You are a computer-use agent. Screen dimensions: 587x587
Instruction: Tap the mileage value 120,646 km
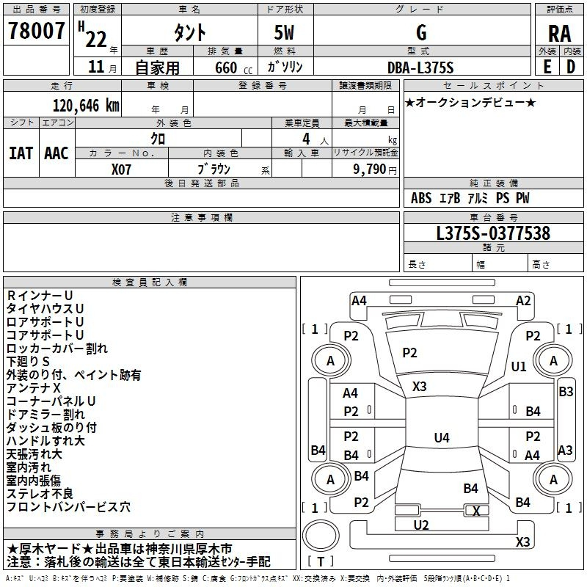click(86, 105)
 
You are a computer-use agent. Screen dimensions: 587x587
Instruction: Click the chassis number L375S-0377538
click(492, 234)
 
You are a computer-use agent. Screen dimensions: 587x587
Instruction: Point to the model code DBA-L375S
click(420, 68)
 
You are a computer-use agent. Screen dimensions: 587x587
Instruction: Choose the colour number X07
click(122, 168)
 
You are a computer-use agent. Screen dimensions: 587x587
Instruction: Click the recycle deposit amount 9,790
click(369, 169)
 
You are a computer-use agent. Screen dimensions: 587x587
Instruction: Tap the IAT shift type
click(21, 153)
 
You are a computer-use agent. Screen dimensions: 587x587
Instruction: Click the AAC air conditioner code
click(56, 153)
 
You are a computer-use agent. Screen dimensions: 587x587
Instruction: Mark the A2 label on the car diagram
click(523, 300)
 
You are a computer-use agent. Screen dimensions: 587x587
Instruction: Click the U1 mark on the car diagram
click(519, 366)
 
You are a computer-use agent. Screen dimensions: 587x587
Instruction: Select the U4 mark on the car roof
click(441, 438)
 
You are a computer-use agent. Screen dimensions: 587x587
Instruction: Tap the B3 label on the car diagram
click(566, 392)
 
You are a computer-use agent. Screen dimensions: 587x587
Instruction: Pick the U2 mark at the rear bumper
click(421, 525)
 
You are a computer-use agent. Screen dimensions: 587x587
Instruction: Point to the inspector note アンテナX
click(33, 388)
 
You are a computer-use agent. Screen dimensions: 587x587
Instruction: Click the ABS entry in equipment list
click(421, 198)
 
